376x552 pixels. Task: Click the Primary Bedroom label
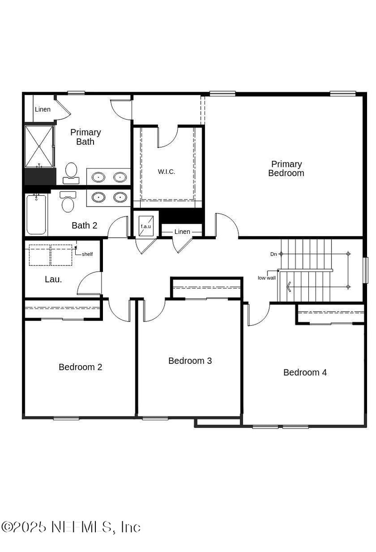pos(286,168)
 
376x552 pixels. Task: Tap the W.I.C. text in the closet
pos(166,172)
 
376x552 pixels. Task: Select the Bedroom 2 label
pos(80,367)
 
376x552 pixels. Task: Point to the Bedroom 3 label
pos(190,361)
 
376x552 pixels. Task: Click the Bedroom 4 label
pos(305,373)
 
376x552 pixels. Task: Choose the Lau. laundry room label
pos(53,279)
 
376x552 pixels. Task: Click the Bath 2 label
pos(85,226)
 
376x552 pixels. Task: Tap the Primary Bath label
pos(86,137)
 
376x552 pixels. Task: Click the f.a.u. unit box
pos(146,225)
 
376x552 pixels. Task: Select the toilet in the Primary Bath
pos(71,172)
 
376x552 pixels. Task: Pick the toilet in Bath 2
pos(68,202)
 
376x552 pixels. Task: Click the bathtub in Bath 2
pos(36,215)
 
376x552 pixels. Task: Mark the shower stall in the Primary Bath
pos(39,146)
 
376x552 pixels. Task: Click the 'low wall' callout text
pos(266,278)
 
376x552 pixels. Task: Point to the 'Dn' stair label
pos(274,254)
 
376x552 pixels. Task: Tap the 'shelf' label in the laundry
pos(87,254)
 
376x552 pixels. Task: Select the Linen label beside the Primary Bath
pos(42,110)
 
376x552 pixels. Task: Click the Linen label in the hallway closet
pos(182,232)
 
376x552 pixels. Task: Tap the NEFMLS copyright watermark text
pos(71,527)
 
